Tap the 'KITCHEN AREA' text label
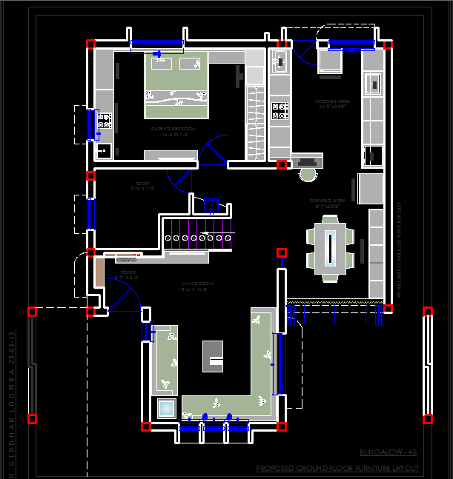[333, 102]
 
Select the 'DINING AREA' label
[328, 201]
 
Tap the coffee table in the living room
[213, 355]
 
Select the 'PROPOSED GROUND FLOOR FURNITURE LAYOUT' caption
[337, 469]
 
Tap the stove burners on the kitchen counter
[280, 111]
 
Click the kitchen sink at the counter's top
[280, 60]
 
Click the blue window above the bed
[156, 43]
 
